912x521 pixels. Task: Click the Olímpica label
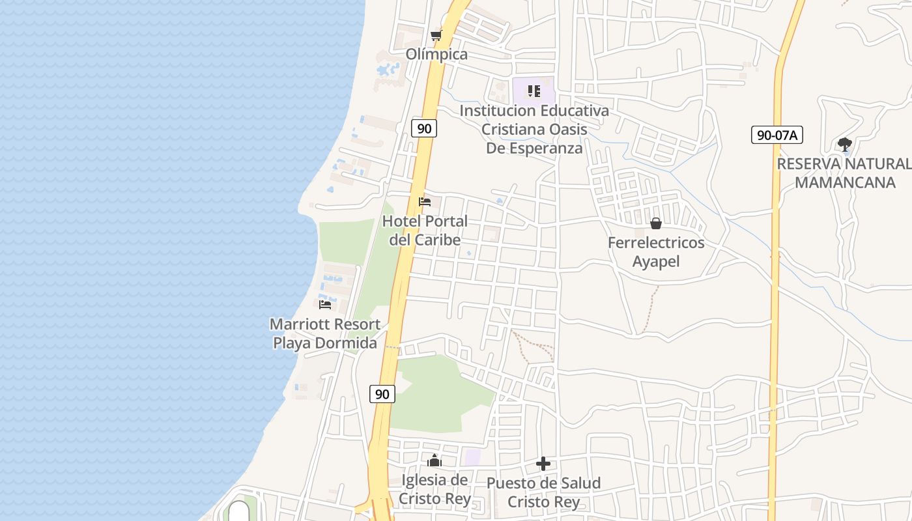click(436, 54)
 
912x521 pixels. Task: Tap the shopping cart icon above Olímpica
click(436, 35)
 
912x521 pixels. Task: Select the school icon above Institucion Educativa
click(534, 91)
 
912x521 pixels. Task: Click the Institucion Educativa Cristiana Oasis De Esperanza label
click(534, 129)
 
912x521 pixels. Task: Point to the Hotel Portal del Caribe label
click(425, 231)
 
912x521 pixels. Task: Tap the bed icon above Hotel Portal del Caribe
click(425, 202)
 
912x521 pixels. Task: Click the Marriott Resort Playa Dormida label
click(325, 333)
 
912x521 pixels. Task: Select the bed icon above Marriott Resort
click(325, 304)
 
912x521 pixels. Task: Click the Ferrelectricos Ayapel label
click(656, 252)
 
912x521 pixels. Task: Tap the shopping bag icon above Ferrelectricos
click(656, 223)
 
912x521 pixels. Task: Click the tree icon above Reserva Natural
click(845, 144)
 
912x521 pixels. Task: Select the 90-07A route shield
click(777, 135)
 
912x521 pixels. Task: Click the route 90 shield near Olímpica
click(424, 128)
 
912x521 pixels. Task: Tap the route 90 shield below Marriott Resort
click(382, 394)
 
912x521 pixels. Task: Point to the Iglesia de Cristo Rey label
click(435, 490)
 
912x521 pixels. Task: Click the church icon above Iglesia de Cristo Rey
click(435, 461)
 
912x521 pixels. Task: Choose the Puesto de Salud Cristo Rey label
click(543, 492)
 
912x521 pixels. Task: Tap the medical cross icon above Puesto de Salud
click(543, 464)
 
